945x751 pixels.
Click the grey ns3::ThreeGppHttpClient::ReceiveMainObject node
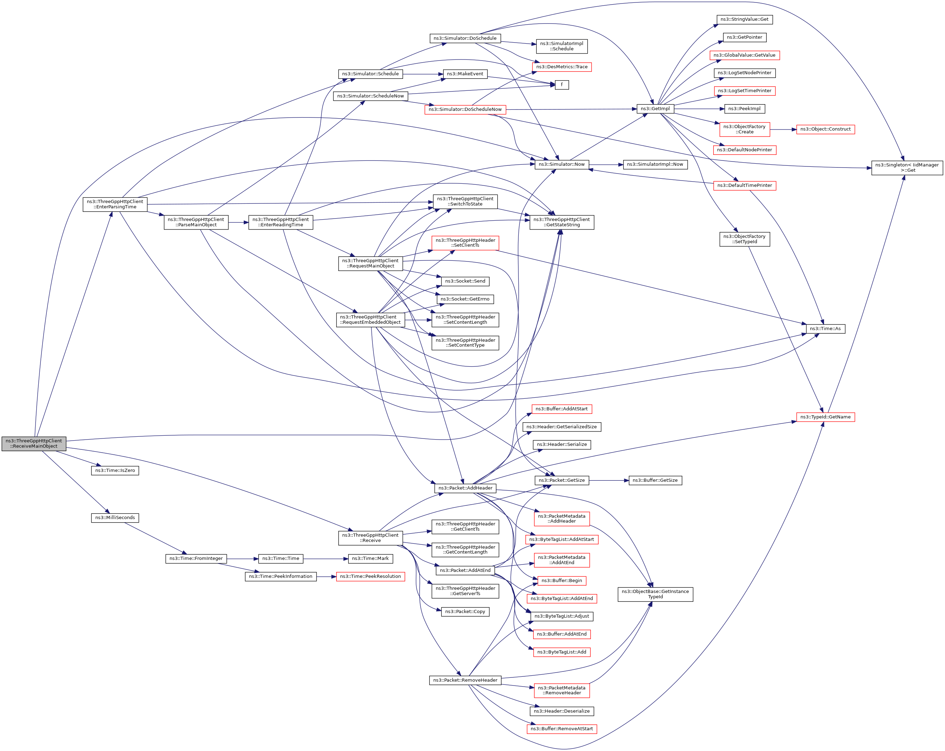(34, 443)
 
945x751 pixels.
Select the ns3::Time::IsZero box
(115, 471)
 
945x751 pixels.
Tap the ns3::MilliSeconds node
(115, 518)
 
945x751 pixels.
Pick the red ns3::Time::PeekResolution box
(370, 576)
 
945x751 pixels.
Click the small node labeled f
(562, 85)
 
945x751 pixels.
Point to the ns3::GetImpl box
(655, 109)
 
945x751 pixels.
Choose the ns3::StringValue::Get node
(745, 19)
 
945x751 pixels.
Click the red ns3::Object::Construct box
(825, 130)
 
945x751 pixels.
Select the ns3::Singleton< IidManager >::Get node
(907, 168)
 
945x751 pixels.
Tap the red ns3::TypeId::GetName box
(825, 417)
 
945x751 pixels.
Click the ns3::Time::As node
(825, 329)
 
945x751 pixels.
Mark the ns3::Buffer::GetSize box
(655, 480)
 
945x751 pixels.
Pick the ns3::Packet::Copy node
(465, 612)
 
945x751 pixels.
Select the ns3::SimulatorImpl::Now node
(655, 164)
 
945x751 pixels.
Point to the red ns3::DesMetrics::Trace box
(562, 67)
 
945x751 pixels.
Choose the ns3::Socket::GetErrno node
(465, 299)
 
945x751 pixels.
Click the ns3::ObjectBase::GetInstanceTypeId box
(655, 594)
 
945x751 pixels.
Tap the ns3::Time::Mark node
(370, 559)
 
